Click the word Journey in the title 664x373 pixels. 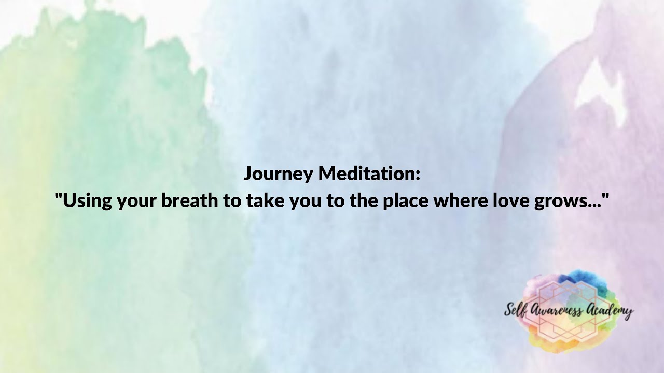coord(279,175)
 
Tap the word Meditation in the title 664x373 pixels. coord(366,174)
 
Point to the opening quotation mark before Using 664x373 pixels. coord(59,196)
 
